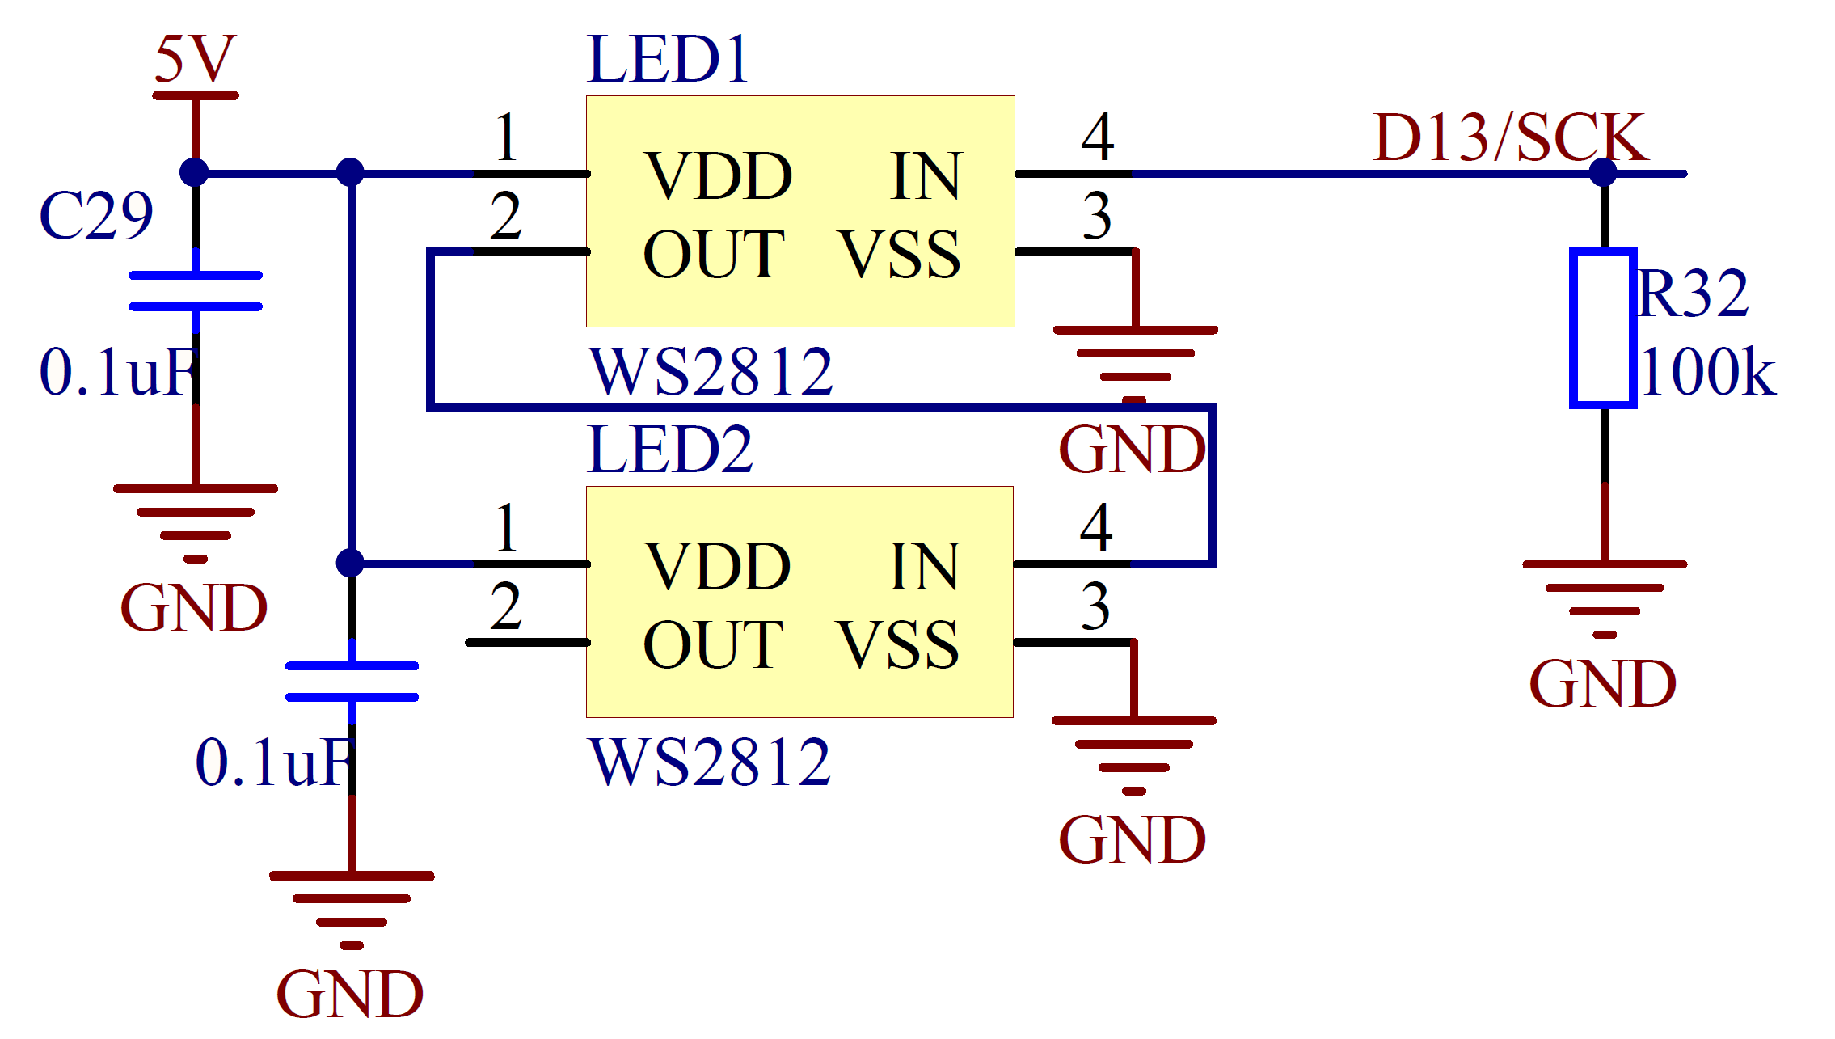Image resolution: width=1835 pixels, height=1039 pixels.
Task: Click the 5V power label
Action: click(195, 60)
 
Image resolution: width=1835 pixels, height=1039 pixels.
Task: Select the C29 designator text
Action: click(95, 216)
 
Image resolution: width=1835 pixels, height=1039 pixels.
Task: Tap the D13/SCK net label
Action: click(1510, 137)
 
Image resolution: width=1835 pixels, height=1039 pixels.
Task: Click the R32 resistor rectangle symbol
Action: click(1603, 327)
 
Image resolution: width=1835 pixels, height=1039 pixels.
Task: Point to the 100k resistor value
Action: click(1708, 372)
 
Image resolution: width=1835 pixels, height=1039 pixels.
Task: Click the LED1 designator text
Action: click(668, 60)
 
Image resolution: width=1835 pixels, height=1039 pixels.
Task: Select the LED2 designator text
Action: click(670, 450)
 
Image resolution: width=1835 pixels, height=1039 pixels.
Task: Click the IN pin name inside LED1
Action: click(925, 176)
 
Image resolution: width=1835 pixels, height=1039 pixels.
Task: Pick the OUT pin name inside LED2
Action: click(712, 644)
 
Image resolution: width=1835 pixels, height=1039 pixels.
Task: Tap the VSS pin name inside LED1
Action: click(899, 255)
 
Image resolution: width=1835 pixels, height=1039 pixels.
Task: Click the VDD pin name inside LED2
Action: click(716, 566)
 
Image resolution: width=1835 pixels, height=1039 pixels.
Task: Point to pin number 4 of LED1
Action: click(1097, 137)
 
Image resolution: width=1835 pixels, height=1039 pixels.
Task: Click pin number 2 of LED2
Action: click(505, 606)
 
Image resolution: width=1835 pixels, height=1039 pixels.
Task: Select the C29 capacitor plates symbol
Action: click(196, 291)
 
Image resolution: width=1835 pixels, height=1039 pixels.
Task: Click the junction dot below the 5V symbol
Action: click(194, 172)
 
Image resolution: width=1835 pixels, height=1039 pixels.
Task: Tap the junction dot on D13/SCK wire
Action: click(1603, 172)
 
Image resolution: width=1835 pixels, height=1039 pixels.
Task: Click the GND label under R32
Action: click(1602, 684)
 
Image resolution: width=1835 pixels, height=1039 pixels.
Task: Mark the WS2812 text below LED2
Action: click(710, 762)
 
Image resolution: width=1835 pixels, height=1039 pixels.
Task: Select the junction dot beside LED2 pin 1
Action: click(350, 563)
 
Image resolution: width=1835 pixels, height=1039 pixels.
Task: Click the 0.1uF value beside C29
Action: click(117, 372)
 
